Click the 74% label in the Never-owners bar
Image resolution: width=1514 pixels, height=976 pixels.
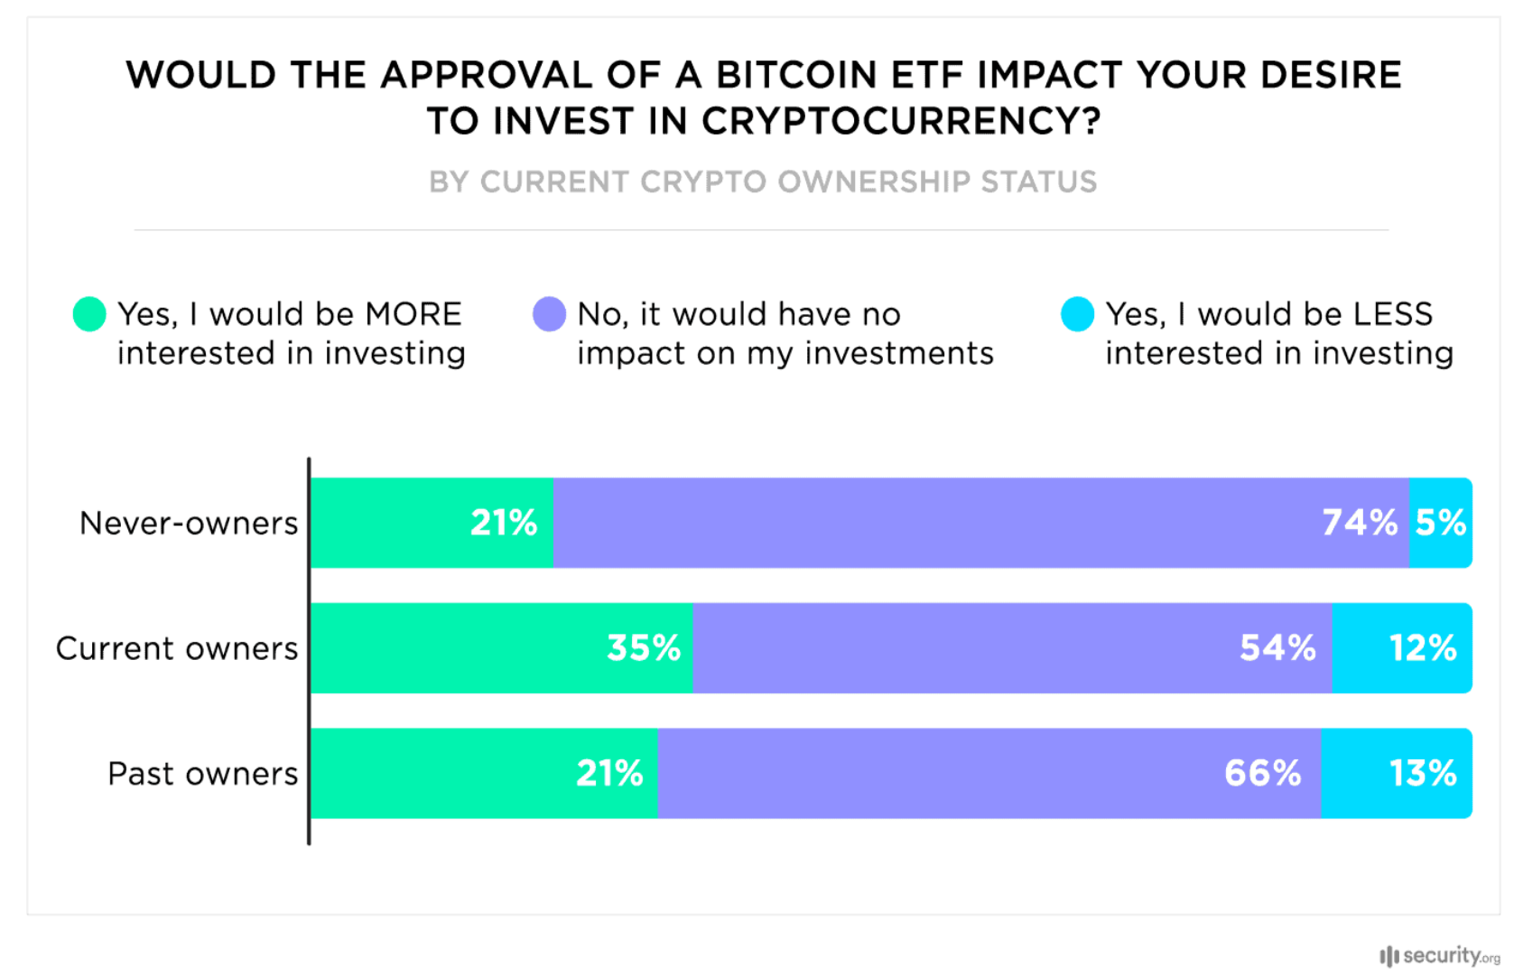coord(1360,523)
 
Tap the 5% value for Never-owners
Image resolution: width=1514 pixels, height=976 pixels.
coord(1440,523)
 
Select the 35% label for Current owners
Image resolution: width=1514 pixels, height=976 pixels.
coord(644,648)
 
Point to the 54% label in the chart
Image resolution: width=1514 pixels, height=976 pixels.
coord(1277,648)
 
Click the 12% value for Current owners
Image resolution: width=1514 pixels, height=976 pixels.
coord(1422,648)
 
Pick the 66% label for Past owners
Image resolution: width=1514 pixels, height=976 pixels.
coord(1262,774)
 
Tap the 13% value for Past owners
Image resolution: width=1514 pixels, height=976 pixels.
coord(1422,774)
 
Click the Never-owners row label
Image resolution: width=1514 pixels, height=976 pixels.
coord(189,524)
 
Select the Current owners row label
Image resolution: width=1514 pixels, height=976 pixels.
coord(177,649)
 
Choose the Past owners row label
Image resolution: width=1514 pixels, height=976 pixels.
coord(202,775)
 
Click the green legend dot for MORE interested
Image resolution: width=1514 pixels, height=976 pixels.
coord(89,314)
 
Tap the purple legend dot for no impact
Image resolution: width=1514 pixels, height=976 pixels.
coord(549,314)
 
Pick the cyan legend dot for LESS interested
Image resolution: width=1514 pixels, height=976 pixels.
coord(1077,314)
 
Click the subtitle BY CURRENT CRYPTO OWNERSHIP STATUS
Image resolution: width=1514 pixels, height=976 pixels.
coord(763,182)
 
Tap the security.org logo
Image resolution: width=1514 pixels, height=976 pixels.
coord(1439,955)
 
